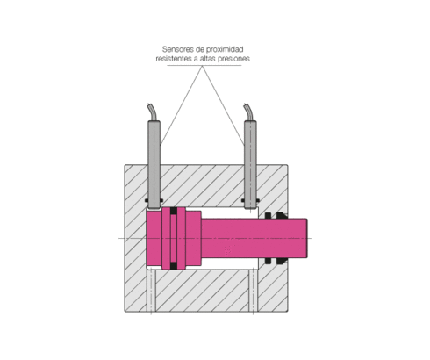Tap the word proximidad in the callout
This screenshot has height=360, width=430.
click(226, 49)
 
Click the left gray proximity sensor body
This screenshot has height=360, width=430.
click(154, 164)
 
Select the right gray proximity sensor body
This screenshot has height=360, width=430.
click(250, 164)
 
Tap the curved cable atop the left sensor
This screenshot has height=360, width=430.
click(153, 112)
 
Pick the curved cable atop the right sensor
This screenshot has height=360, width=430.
click(249, 112)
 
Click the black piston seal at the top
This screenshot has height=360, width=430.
click(174, 211)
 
